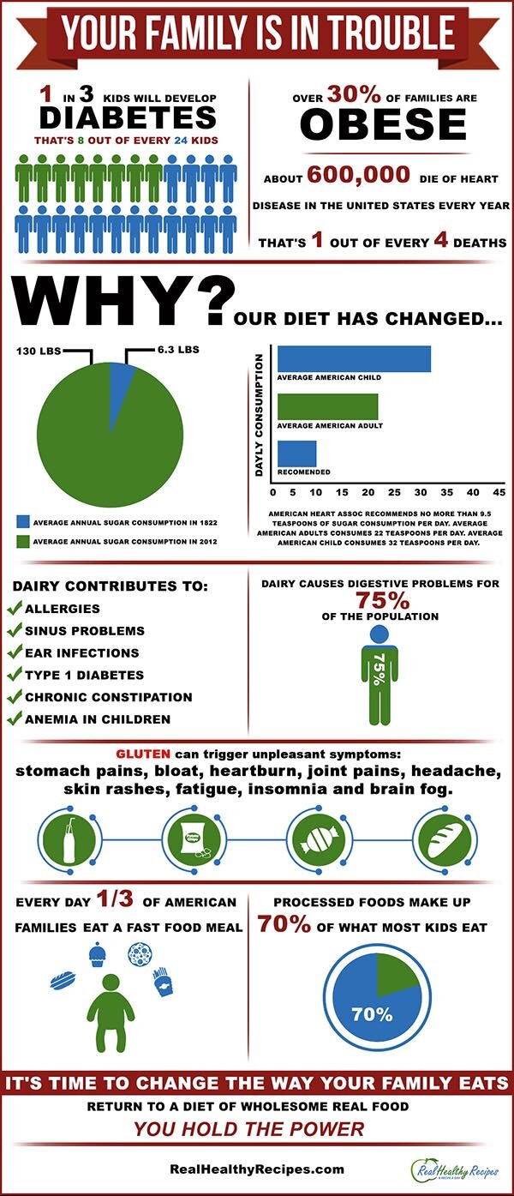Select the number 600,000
(359, 176)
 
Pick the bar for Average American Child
(353, 359)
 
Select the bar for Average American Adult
(327, 407)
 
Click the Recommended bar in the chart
(296, 454)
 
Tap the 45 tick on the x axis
(498, 493)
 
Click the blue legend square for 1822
(22, 520)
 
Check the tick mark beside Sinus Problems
(15, 630)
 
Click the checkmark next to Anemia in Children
(15, 719)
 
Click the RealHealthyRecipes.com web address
(257, 1169)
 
